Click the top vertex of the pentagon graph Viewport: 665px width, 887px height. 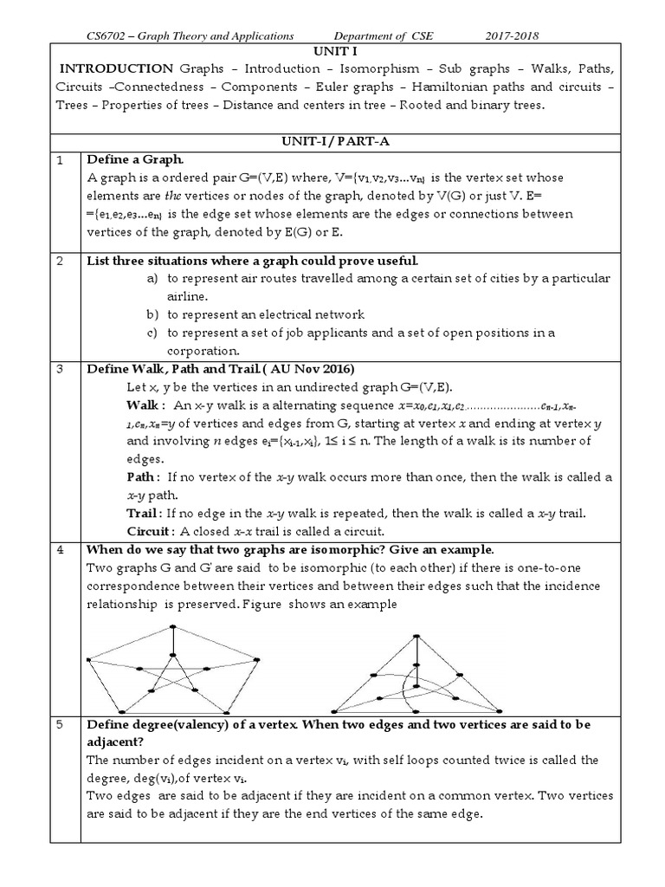pos(174,626)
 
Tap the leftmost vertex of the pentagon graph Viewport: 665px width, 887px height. pos(88,660)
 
